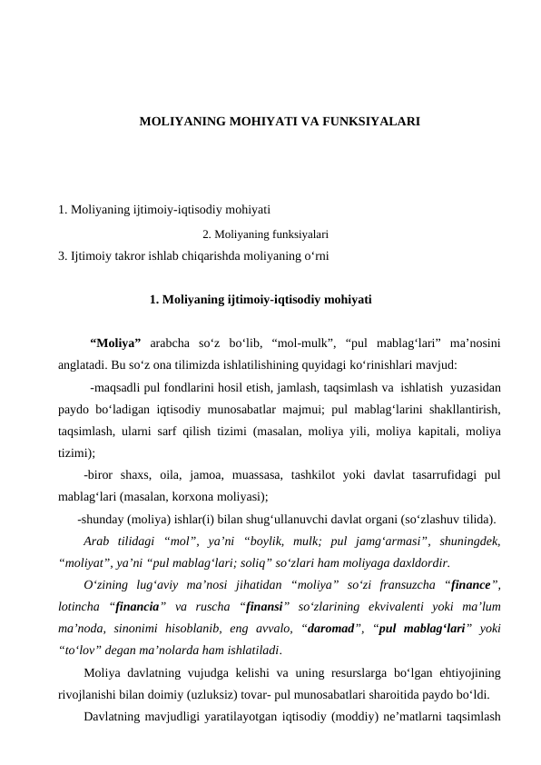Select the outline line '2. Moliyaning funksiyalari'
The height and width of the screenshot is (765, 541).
(265, 233)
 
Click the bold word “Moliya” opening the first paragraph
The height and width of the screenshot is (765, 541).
(115, 344)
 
